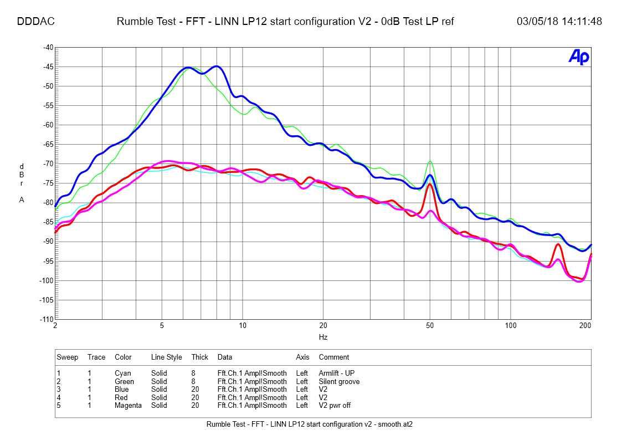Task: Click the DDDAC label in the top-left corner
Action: (x=35, y=22)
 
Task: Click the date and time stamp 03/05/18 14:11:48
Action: (x=559, y=22)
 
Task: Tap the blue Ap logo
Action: (x=578, y=57)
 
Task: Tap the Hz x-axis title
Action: (x=323, y=336)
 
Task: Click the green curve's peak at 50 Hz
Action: (x=430, y=162)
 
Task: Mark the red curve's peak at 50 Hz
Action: (x=430, y=184)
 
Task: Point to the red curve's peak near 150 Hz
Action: (x=558, y=244)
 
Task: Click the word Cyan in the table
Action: (x=123, y=374)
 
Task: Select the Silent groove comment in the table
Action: (x=339, y=381)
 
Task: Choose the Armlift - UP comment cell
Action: (x=337, y=374)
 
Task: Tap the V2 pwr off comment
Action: (x=335, y=405)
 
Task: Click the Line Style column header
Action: (x=166, y=357)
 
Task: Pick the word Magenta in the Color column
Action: (x=128, y=405)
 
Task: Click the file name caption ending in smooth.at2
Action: (x=310, y=424)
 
